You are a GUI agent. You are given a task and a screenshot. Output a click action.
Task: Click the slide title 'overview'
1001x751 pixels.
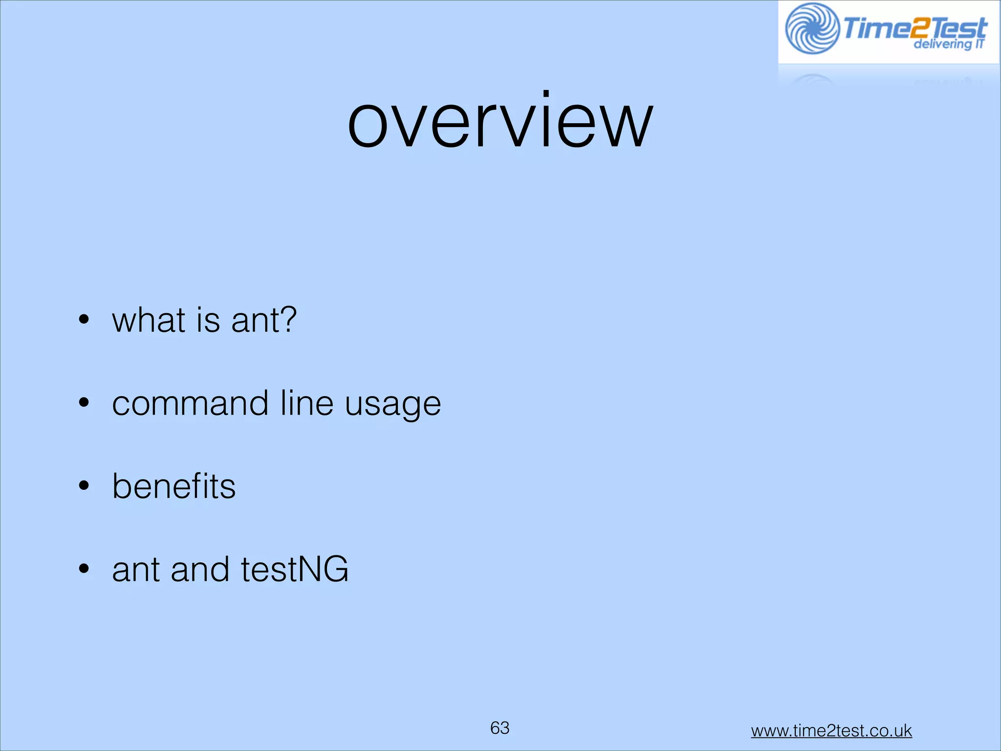pos(500,120)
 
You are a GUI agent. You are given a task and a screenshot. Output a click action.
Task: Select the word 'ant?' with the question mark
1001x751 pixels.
pos(264,320)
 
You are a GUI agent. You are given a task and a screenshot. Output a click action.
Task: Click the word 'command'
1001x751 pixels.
pos(190,403)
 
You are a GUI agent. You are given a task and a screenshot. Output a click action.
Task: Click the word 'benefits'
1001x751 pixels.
pos(174,486)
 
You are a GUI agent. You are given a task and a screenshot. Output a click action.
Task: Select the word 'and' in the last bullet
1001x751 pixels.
pos(200,570)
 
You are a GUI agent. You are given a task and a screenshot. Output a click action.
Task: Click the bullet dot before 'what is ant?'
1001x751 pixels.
pos(84,320)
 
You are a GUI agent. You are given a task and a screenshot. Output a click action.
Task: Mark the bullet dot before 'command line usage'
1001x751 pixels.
pos(84,403)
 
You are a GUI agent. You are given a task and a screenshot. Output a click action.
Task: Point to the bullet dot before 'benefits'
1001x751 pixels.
pos(84,486)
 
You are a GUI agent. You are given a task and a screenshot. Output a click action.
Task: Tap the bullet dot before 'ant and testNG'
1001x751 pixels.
pos(84,569)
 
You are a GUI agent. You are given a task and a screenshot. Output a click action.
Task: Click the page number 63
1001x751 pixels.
pos(500,728)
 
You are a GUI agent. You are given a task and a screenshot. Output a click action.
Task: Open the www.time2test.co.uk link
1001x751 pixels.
pos(831,731)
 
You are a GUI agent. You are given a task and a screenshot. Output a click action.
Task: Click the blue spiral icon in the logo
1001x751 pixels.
pos(812,28)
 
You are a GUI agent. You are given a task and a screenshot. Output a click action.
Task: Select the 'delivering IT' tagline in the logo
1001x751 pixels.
pos(948,44)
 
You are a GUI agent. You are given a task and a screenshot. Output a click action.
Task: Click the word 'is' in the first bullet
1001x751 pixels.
pos(208,320)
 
